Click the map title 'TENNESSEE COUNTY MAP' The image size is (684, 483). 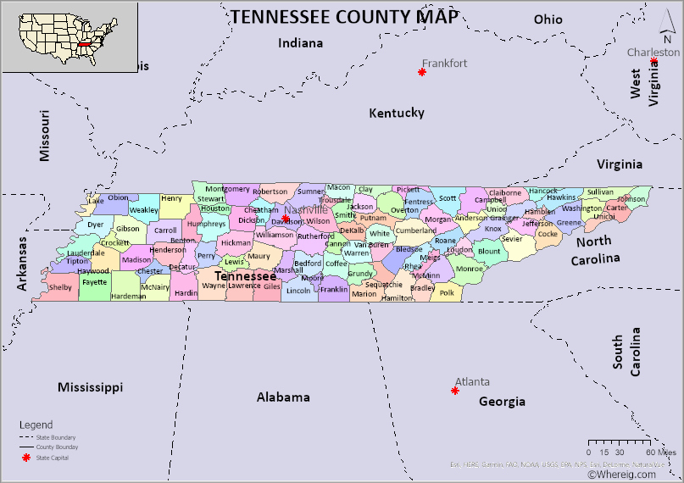coord(345,16)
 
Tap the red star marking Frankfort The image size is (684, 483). coord(421,72)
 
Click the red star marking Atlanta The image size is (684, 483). coord(455,391)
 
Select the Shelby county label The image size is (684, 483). coord(60,287)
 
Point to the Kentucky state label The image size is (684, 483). coord(396,113)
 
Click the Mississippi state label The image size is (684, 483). coord(90,387)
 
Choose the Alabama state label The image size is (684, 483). coord(283,397)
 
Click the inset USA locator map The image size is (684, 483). coord(70,36)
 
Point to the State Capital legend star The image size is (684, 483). coord(25,458)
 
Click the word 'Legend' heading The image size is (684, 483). coord(36,425)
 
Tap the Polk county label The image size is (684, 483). coord(447,292)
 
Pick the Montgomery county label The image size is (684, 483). coord(227,189)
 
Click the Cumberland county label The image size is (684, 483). coord(415,230)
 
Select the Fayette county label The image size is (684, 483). coord(94,282)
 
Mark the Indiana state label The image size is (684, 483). coord(300,43)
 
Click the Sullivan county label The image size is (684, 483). coord(600,192)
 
